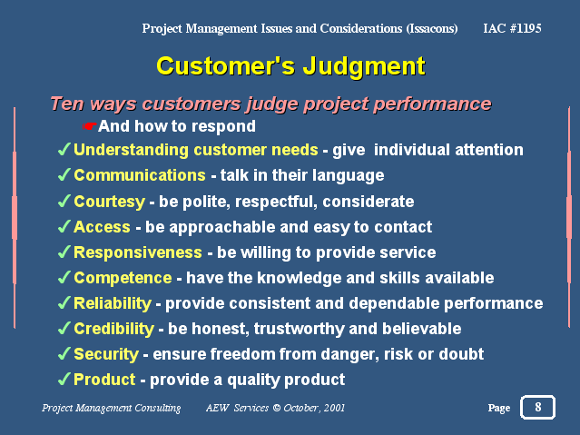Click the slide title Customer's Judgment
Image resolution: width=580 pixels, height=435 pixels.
(x=290, y=66)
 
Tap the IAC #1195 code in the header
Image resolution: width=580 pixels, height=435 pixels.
(x=512, y=28)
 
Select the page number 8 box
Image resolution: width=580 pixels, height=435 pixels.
(x=538, y=407)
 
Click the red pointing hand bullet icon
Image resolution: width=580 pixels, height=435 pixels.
(x=89, y=126)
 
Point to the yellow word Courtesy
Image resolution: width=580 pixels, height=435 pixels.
(x=110, y=203)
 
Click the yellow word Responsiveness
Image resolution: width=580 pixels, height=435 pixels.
(x=138, y=252)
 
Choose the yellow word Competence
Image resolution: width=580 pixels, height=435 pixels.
(x=123, y=279)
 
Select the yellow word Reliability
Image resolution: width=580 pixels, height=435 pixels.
(x=113, y=303)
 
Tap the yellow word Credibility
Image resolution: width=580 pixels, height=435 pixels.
(x=114, y=329)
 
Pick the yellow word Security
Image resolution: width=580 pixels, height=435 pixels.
(x=106, y=355)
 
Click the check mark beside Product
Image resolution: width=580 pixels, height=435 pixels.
(x=64, y=379)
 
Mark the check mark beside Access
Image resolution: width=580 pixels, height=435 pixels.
(x=64, y=226)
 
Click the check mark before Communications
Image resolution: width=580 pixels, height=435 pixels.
(x=64, y=174)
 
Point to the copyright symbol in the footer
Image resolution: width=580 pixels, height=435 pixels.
(x=276, y=408)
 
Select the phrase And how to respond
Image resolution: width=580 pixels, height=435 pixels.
(x=177, y=126)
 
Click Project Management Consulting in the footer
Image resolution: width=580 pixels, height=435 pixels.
(x=112, y=408)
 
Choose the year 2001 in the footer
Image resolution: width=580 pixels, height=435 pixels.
(x=334, y=408)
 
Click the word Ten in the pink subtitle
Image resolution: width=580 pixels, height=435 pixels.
(x=66, y=104)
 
